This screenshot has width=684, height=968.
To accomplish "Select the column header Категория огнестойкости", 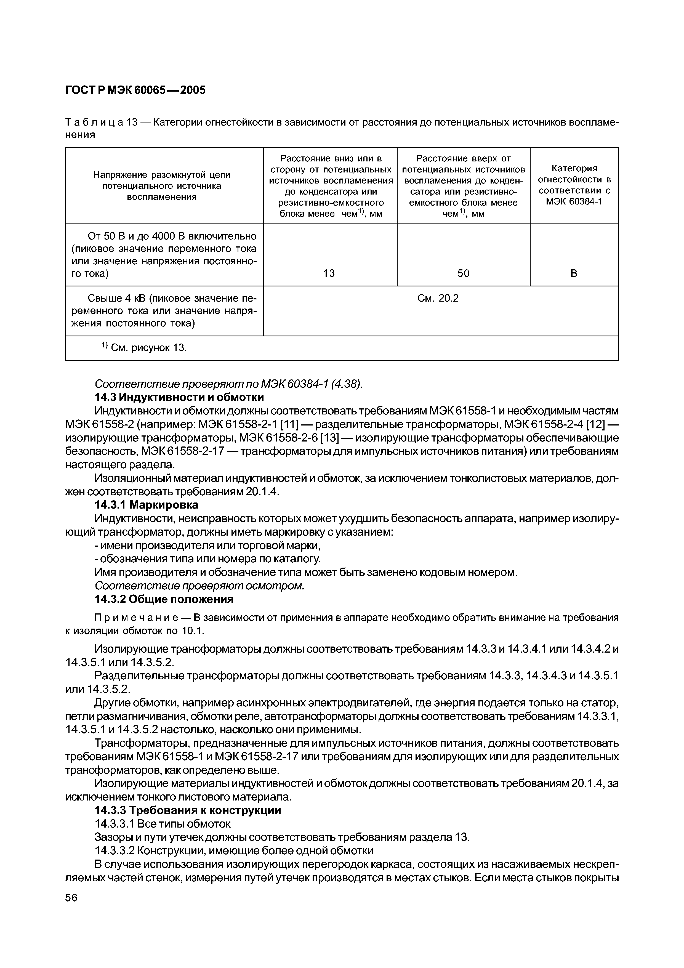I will pos(574,185).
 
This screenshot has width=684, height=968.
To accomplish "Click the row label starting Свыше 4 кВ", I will pos(164,311).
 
